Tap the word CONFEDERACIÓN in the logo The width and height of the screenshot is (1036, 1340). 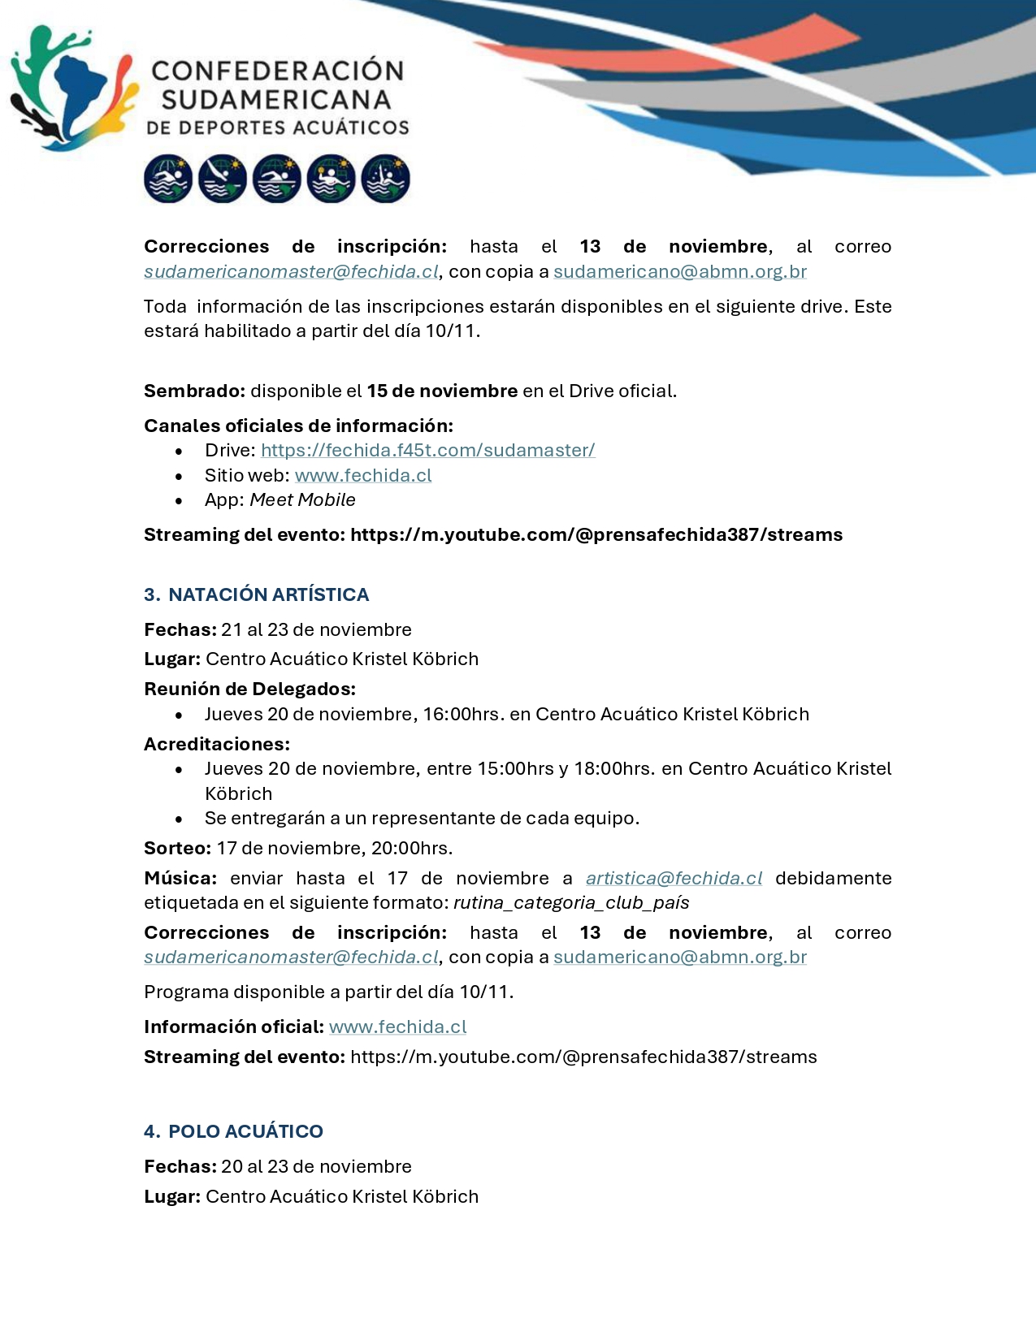[x=277, y=71]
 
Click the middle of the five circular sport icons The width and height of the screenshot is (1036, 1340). [x=276, y=179]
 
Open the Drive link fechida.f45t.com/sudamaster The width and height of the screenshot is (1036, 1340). [x=427, y=450]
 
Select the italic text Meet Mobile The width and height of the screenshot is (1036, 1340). [x=302, y=500]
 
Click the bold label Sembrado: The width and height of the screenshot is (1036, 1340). [x=194, y=391]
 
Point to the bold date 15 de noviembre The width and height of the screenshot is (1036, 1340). [x=442, y=391]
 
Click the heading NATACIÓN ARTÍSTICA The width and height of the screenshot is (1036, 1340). [x=268, y=594]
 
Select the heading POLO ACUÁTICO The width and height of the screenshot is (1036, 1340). [x=245, y=1131]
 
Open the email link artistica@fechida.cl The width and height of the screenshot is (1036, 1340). [x=674, y=878]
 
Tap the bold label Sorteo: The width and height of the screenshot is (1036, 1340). [x=177, y=848]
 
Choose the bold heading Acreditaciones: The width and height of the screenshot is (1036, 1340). [x=217, y=744]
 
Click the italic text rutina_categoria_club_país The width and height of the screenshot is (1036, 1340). [x=571, y=903]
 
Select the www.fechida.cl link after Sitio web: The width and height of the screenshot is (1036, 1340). [x=363, y=475]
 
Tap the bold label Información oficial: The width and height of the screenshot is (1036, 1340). [x=234, y=1027]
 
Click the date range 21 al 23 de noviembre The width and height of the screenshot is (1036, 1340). [x=316, y=629]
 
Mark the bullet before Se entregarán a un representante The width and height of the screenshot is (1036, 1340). [x=179, y=819]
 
